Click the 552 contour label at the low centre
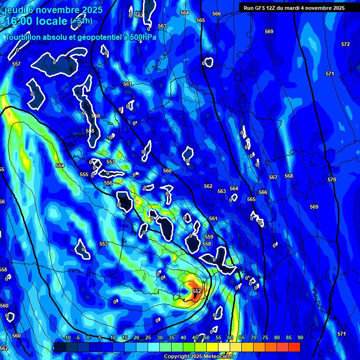[x=197, y=291]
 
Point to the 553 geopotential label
[x=104, y=244]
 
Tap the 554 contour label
[x=60, y=165]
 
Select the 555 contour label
[x=84, y=174]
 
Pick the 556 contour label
[x=108, y=183]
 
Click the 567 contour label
[x=273, y=177]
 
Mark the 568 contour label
[x=289, y=176]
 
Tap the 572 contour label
[x=345, y=44]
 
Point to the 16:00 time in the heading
[x=20, y=21]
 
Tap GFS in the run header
[x=259, y=8]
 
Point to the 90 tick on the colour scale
[x=300, y=338]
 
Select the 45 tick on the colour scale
[x=195, y=338]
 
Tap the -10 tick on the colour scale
[x=67, y=338]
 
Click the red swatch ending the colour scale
[x=294, y=347]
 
